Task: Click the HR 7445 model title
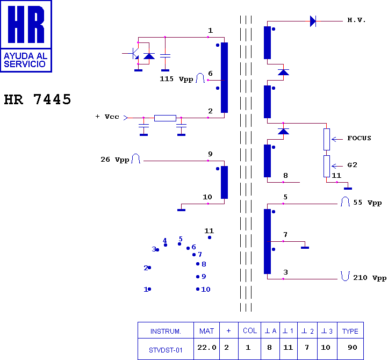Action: pos(38,99)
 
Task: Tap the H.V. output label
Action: pos(356,20)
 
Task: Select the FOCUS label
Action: pos(359,138)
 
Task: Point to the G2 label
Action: pos(352,165)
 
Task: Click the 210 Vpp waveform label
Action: pos(370,278)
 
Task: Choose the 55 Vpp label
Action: pos(368,203)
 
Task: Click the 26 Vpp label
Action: pos(115,160)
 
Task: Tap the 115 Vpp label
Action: pos(176,79)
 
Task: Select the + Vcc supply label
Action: pos(107,117)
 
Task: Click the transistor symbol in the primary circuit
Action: pos(134,53)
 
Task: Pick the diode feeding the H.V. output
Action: pos(313,21)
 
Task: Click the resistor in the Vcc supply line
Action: pos(165,118)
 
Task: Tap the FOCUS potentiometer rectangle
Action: pos(327,139)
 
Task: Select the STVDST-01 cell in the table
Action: pos(166,350)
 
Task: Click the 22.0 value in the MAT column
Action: pos(206,348)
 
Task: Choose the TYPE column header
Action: pos(350,332)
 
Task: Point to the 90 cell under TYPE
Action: pos(353,348)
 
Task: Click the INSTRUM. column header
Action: pos(166,332)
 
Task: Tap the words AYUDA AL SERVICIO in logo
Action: pos(25,60)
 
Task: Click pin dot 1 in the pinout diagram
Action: pos(149,289)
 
